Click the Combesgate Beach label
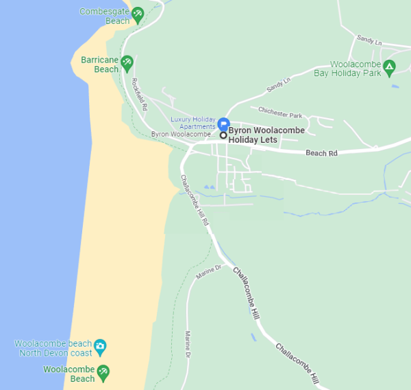tap(104, 16)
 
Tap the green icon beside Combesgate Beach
tap(138, 14)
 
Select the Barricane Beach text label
tap(99, 65)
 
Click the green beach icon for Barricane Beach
tap(127, 65)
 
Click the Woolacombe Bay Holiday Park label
tap(347, 68)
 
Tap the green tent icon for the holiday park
tap(389, 67)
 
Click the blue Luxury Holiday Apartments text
tap(192, 122)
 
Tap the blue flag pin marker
tap(223, 124)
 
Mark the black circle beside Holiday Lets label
tap(223, 135)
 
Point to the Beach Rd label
tap(321, 153)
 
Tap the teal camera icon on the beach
tap(100, 345)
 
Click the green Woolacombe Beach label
tap(68, 374)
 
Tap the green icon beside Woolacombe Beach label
tap(103, 373)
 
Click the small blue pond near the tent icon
tap(395, 87)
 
